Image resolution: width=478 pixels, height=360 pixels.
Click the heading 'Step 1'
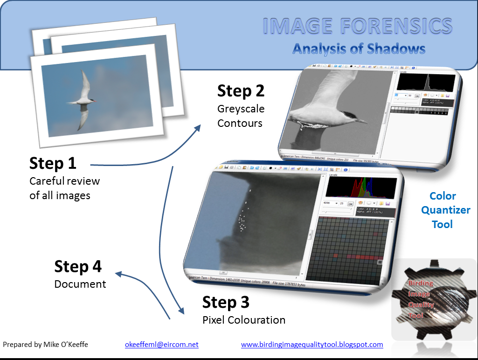point(53,164)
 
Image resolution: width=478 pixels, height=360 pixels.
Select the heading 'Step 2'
point(241,91)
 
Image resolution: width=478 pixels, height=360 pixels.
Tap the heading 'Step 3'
point(226,302)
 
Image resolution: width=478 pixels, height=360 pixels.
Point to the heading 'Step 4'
point(78,266)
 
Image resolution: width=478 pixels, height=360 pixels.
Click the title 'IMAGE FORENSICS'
point(357,27)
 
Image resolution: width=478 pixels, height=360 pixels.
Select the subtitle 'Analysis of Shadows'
point(359,49)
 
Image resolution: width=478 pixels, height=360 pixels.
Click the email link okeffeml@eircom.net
point(161,345)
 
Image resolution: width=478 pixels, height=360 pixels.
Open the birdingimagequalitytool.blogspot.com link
point(312,345)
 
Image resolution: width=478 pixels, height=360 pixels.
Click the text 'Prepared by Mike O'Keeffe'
point(45,345)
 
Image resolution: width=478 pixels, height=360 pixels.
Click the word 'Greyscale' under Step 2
point(241,109)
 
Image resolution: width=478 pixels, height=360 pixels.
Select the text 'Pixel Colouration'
point(243,320)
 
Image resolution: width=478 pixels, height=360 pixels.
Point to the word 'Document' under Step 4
point(80,284)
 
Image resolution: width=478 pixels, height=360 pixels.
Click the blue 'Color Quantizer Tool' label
point(443,210)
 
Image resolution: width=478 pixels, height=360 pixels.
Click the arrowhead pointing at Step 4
point(118,274)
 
